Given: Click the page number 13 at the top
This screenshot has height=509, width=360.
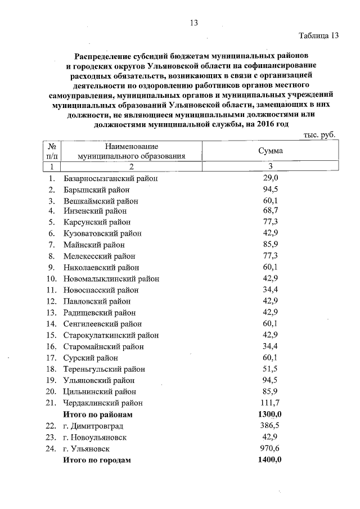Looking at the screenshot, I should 194,23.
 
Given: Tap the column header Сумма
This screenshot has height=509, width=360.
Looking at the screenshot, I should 271,151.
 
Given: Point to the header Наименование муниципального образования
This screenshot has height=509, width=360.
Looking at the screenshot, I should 131,151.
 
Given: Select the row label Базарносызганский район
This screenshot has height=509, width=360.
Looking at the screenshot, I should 111,178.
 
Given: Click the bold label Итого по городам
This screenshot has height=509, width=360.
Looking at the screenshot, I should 97,460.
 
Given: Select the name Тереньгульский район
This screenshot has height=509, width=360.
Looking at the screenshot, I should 104,369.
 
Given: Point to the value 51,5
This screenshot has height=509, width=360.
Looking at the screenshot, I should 271,369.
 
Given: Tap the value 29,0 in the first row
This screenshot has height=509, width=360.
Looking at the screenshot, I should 271,178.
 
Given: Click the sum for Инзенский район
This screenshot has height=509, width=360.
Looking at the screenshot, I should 271,211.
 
